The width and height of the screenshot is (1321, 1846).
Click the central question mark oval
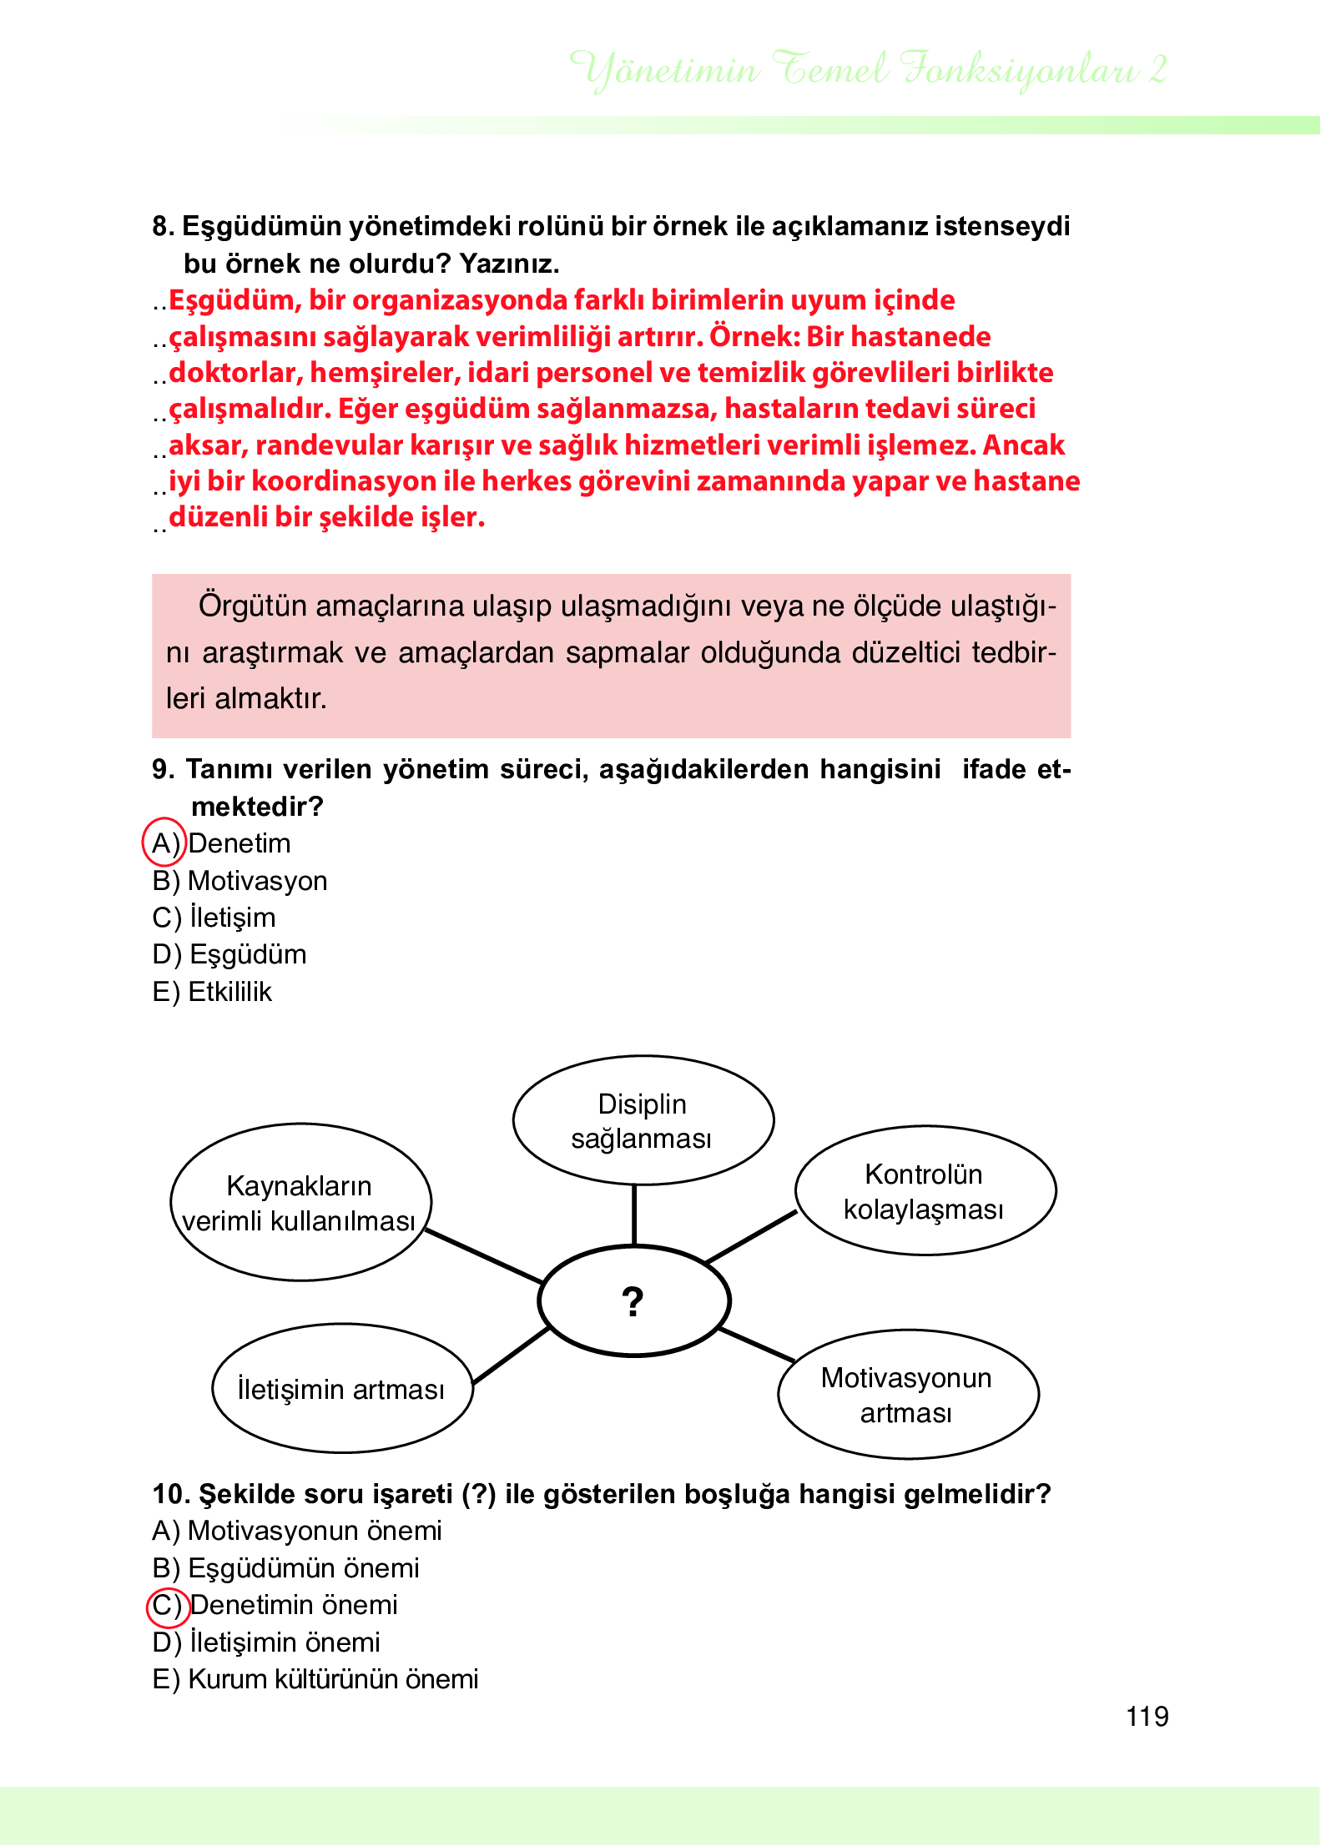pyautogui.click(x=633, y=1300)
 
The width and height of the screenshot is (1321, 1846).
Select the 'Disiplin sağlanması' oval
pyautogui.click(x=643, y=1120)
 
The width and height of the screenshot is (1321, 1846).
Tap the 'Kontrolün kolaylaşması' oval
pyautogui.click(x=925, y=1190)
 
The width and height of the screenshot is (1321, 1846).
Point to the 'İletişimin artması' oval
pyautogui.click(x=341, y=1389)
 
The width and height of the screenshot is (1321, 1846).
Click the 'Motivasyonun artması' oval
pyautogui.click(x=907, y=1395)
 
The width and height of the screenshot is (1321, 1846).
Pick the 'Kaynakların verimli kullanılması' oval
pyautogui.click(x=300, y=1202)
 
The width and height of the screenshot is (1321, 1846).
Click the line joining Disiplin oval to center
pyautogui.click(x=634, y=1215)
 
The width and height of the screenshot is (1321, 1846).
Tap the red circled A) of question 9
pyautogui.click(x=164, y=843)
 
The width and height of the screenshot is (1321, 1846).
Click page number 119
pyautogui.click(x=1147, y=1717)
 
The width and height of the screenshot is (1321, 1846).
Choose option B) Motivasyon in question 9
pyautogui.click(x=240, y=881)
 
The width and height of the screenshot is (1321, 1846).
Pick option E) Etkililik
pyautogui.click(x=213, y=992)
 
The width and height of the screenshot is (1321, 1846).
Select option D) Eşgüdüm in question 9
pyautogui.click(x=230, y=954)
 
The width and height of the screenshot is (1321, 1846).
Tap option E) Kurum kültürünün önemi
pyautogui.click(x=315, y=1679)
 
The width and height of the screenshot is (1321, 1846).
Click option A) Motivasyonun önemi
pyautogui.click(x=297, y=1531)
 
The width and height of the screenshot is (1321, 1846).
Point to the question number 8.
pyautogui.click(x=163, y=226)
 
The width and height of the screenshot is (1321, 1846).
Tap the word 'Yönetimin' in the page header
pyautogui.click(x=664, y=70)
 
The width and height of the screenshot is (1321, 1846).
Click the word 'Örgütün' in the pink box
pyautogui.click(x=252, y=606)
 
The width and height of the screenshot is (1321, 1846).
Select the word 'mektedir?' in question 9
pyautogui.click(x=257, y=807)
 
